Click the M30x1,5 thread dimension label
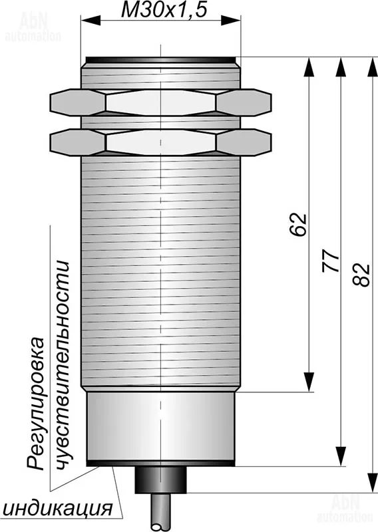[x=164, y=10]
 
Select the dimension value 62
[x=298, y=224]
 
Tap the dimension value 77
[x=331, y=261]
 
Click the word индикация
[x=58, y=508]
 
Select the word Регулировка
[x=36, y=404]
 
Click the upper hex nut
[x=160, y=102]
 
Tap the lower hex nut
[x=160, y=142]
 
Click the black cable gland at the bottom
[x=160, y=479]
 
